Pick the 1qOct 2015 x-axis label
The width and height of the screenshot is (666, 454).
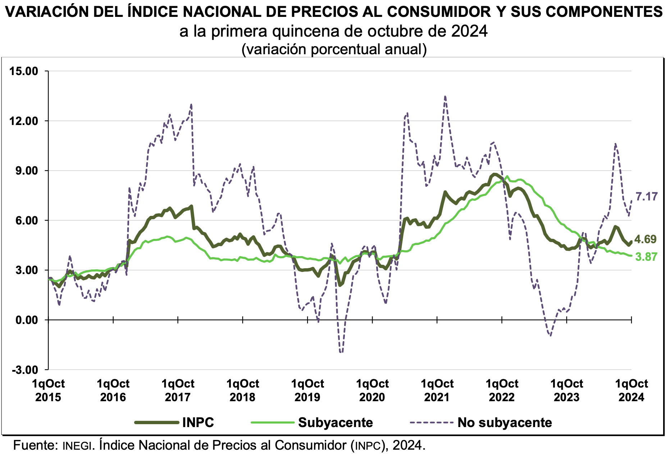pos(48,390)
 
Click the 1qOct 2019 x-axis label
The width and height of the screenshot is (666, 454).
pos(307,390)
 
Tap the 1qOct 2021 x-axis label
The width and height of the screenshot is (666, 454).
pos(437,390)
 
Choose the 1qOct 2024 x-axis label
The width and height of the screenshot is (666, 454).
pos(631,390)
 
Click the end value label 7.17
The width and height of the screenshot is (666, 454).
pos(646,196)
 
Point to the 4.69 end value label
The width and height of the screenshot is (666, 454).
pos(646,239)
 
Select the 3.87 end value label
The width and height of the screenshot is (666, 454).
pos(646,257)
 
